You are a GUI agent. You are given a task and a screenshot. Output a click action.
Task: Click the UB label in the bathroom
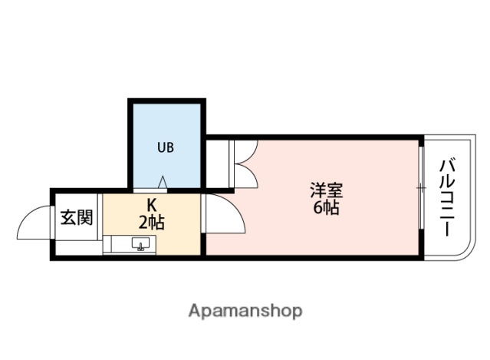166,147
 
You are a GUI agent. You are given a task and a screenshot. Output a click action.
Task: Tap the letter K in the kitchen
152,206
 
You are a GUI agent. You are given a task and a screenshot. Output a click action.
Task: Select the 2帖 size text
152,223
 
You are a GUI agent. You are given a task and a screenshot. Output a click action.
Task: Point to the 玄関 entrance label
77,217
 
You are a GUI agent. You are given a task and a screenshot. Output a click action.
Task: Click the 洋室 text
326,189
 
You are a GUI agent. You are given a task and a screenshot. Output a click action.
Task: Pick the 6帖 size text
326,207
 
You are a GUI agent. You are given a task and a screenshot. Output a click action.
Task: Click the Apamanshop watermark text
245,311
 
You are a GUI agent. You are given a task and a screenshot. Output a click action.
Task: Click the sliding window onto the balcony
421,188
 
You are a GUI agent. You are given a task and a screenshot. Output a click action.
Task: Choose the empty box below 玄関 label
77,245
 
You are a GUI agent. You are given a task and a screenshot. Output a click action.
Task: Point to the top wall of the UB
166,101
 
